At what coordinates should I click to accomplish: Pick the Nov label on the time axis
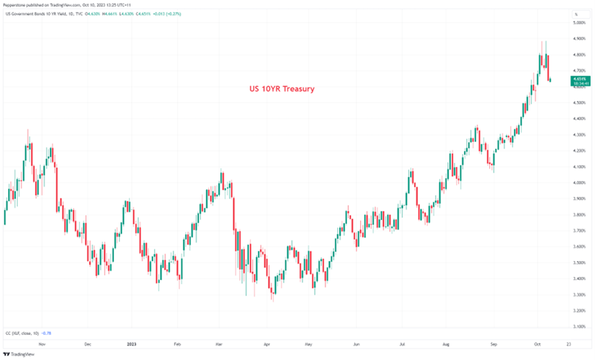[x=41, y=344]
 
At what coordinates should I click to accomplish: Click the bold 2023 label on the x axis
[x=131, y=344]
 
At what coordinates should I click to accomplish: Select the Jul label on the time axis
[x=402, y=344]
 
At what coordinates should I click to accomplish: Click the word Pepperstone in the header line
[x=13, y=5]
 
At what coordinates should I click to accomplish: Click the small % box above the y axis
[x=575, y=13]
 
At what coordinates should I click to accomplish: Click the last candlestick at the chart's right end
[x=551, y=79]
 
